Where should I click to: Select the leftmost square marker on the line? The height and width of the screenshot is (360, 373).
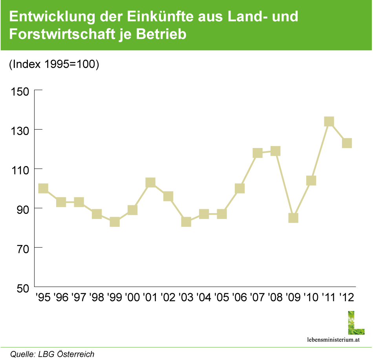point(43,188)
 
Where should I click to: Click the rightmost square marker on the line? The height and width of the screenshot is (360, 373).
point(347,143)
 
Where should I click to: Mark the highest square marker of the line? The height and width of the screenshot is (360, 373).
point(329,121)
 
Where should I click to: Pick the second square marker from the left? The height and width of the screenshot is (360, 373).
point(61,202)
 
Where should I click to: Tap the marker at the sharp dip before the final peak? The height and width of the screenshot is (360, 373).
point(293,217)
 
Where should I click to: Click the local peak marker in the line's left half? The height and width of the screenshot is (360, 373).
point(150,182)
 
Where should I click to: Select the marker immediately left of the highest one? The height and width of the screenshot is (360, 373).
point(311,181)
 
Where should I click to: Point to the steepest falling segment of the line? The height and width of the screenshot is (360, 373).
point(285,185)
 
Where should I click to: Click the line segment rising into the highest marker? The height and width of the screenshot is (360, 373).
point(320,151)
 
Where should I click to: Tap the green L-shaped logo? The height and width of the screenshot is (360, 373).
point(356,323)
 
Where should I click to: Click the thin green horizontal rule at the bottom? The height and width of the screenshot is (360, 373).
point(186,347)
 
